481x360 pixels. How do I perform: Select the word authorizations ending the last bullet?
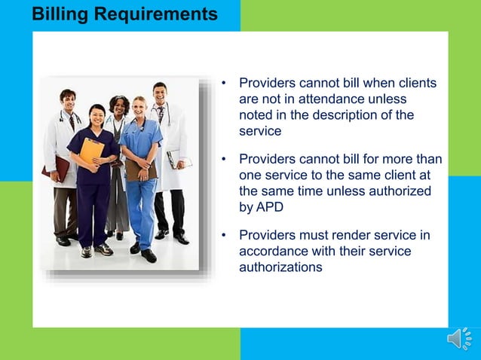point(281,267)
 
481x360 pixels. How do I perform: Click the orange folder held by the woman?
point(91,151)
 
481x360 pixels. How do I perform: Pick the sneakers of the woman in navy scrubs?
point(95,250)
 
